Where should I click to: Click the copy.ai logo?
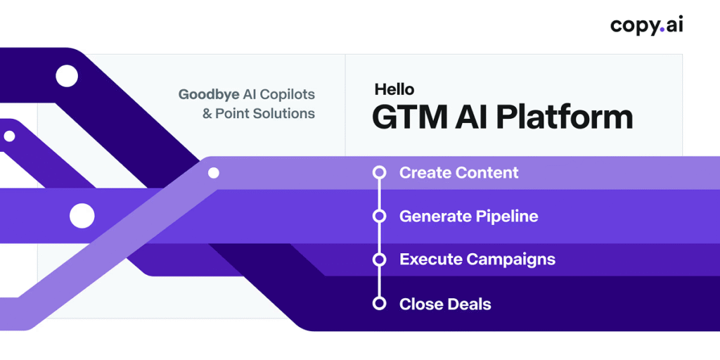pyautogui.click(x=647, y=26)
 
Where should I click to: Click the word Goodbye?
pyautogui.click(x=209, y=95)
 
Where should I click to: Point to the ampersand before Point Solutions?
pyautogui.click(x=207, y=113)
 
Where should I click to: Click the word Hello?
pyautogui.click(x=394, y=89)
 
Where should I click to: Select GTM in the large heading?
pyautogui.click(x=404, y=117)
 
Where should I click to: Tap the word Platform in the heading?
pyautogui.click(x=565, y=117)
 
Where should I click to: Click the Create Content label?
pyautogui.click(x=458, y=173)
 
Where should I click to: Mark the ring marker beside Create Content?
pyautogui.click(x=379, y=173)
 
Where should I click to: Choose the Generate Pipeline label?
pyautogui.click(x=469, y=217)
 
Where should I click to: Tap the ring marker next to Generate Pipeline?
pyautogui.click(x=379, y=216)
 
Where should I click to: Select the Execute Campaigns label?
pyautogui.click(x=477, y=260)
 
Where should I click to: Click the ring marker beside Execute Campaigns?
pyautogui.click(x=379, y=259)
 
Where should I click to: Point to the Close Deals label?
pyautogui.click(x=445, y=304)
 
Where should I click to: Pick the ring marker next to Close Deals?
pyautogui.click(x=379, y=304)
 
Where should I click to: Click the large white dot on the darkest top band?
pyautogui.click(x=67, y=76)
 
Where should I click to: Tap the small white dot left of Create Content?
pyautogui.click(x=214, y=173)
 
